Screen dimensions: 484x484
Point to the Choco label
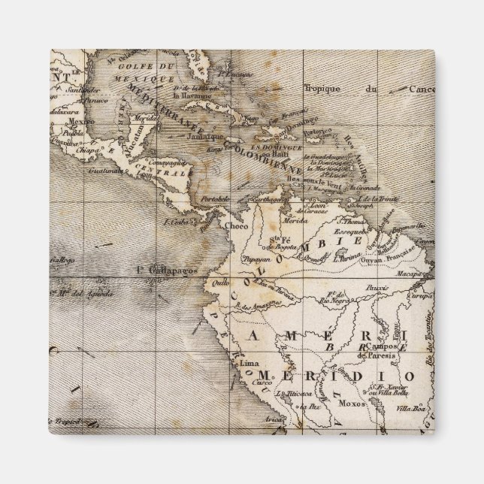coord(236,224)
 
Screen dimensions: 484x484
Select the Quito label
coord(220,283)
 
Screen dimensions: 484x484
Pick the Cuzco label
coord(263,382)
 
